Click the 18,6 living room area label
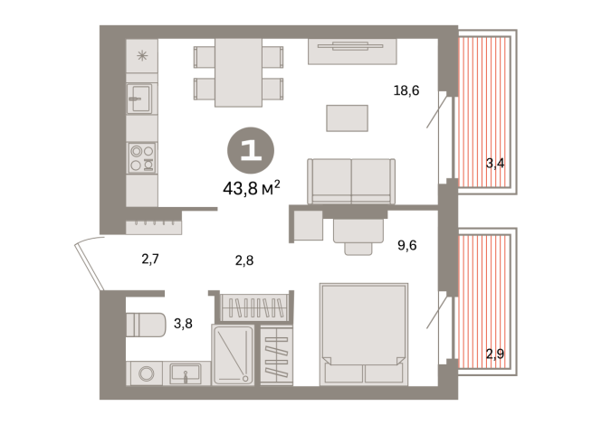coord(406,90)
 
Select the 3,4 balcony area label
coord(495,164)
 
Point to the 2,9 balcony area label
coord(495,353)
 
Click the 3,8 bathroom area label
coord(182,323)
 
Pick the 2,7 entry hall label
coord(150,260)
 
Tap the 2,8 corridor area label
coord(244,260)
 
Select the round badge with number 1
coord(251,149)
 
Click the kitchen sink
coord(139,99)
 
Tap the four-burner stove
coord(140,158)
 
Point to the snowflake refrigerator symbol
coord(141,55)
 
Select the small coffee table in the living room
coord(348,118)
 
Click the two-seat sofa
coord(351,181)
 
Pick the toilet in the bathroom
coord(145,324)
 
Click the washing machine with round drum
coord(145,373)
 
